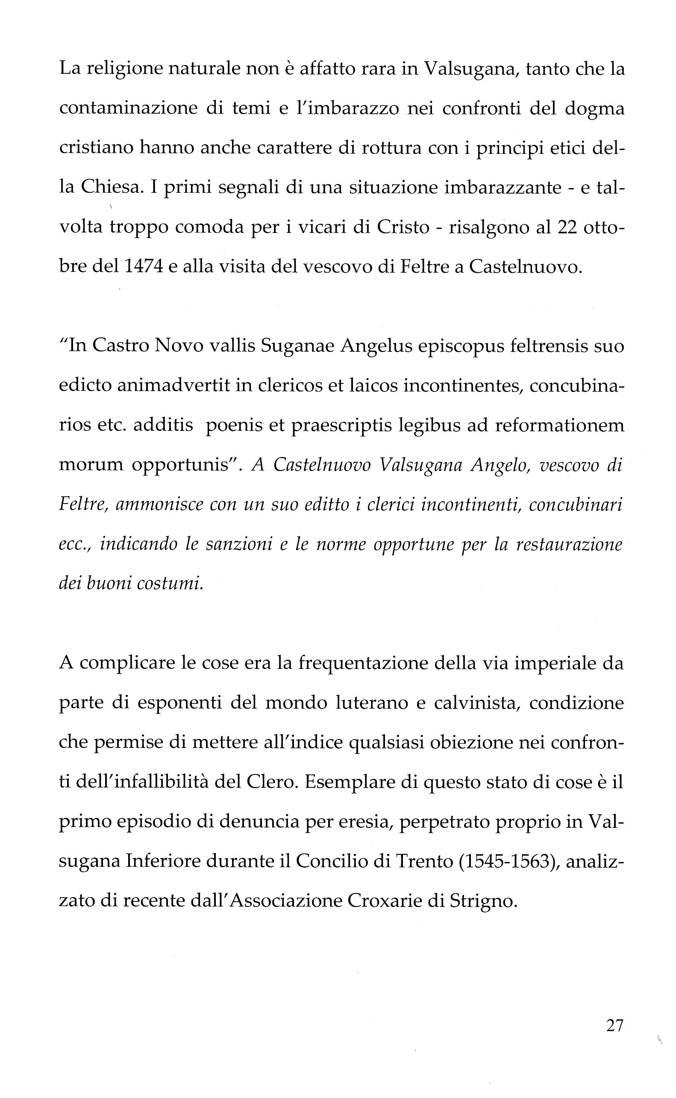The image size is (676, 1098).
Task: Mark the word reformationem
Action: [559, 425]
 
